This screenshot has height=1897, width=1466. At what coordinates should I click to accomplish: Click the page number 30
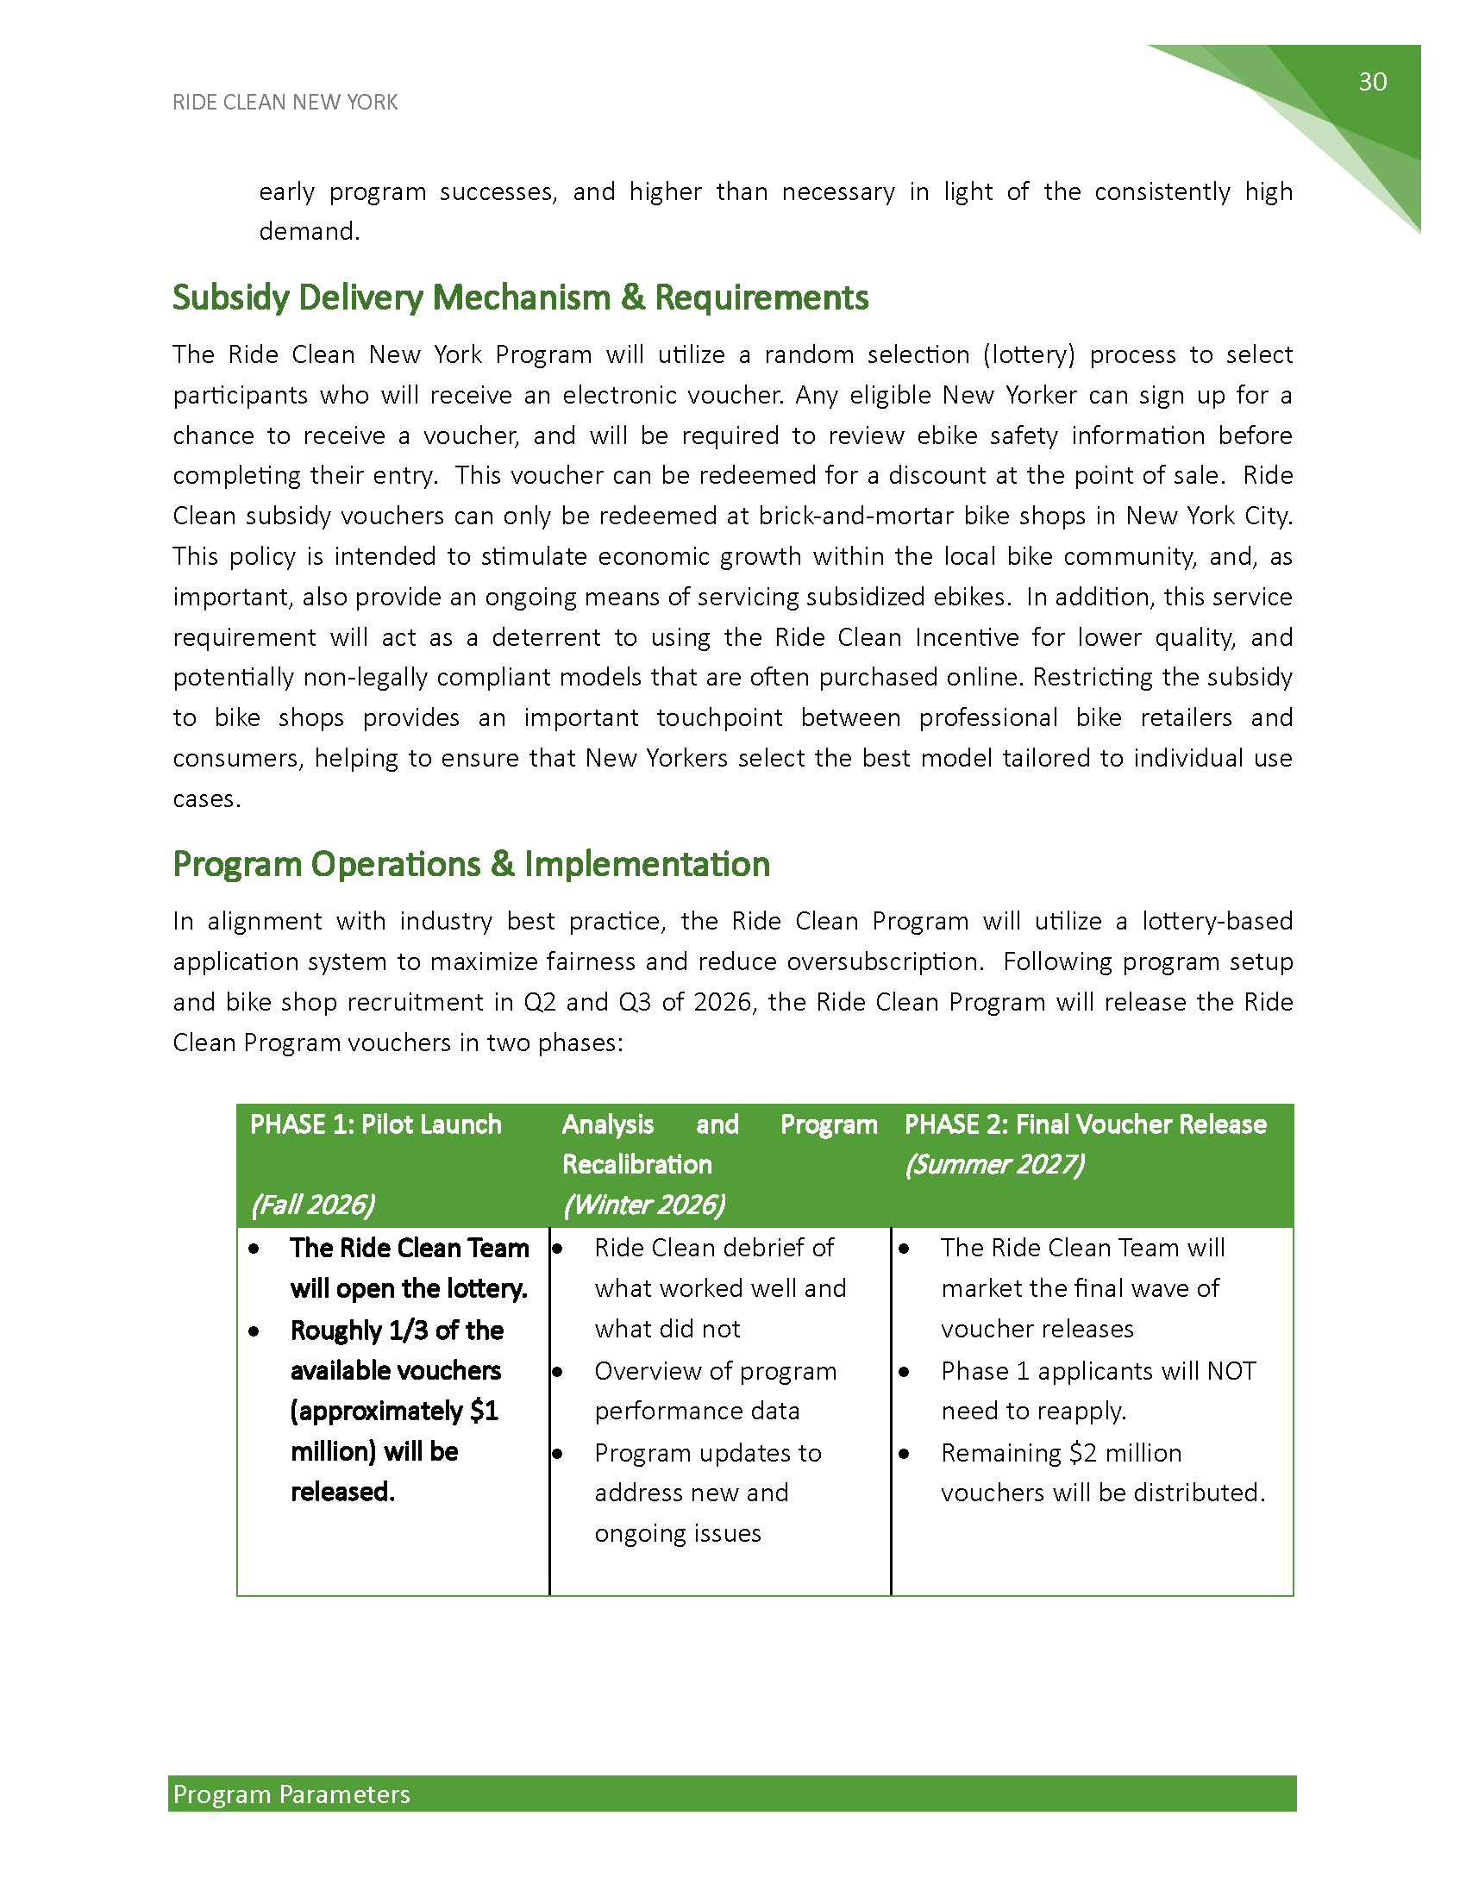(x=1372, y=82)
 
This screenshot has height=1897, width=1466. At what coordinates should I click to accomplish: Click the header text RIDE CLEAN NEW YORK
(x=285, y=103)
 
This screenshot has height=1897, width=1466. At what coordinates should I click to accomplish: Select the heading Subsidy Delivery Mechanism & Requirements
(x=520, y=298)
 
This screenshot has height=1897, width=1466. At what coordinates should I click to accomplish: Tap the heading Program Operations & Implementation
(x=472, y=864)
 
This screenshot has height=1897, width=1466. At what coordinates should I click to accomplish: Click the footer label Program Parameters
(x=291, y=1794)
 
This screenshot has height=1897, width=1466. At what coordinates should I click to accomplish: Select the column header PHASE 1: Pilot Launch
(x=375, y=1124)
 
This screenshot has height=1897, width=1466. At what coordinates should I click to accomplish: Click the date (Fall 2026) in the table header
(x=313, y=1205)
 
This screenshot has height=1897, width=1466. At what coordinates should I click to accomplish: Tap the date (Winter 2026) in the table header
(x=643, y=1205)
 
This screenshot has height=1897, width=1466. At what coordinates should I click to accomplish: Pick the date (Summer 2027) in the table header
(x=994, y=1165)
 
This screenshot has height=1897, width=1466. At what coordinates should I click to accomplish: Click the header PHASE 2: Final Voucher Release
(x=1086, y=1124)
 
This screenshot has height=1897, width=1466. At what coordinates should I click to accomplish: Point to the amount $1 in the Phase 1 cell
(x=484, y=1411)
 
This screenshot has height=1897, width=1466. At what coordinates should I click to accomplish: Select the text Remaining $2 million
(x=1062, y=1452)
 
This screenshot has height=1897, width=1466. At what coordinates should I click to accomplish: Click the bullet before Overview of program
(x=558, y=1372)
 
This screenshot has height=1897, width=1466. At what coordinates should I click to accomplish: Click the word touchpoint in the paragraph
(x=719, y=718)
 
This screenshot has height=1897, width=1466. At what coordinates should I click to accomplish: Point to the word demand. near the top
(x=310, y=232)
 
